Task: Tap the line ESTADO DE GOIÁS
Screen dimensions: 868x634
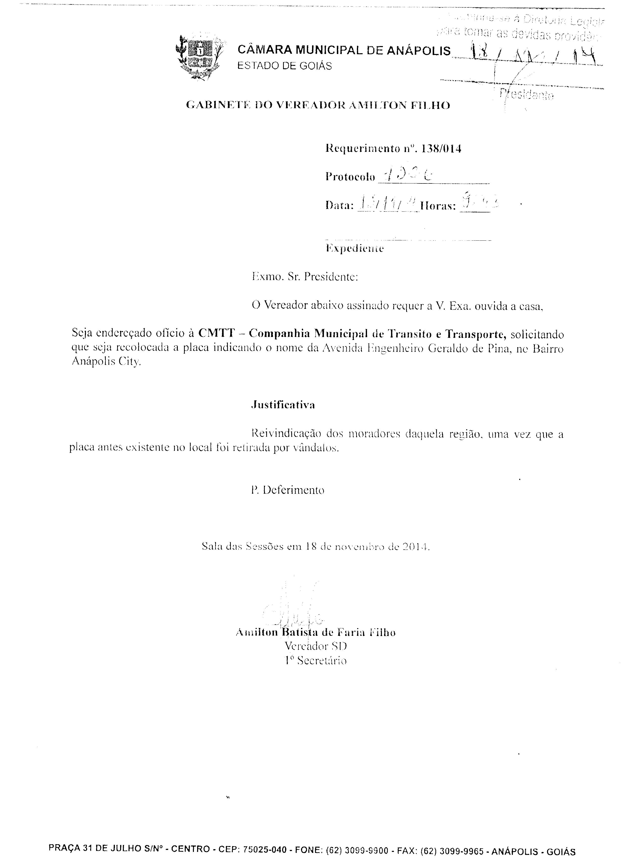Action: (x=284, y=66)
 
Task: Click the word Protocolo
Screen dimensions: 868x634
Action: (x=350, y=177)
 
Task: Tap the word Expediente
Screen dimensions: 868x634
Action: (x=355, y=249)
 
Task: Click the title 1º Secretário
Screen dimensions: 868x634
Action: (x=316, y=661)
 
